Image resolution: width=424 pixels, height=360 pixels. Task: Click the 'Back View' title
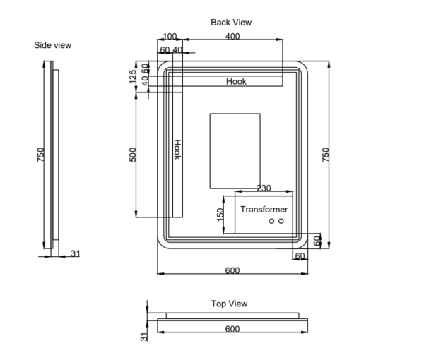click(x=231, y=23)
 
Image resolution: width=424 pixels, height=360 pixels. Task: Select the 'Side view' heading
click(x=53, y=45)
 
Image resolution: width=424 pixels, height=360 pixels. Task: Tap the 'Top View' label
click(x=229, y=304)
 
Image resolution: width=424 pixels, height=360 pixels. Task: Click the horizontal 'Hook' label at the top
click(x=236, y=82)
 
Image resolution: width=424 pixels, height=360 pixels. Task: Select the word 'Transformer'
click(x=264, y=210)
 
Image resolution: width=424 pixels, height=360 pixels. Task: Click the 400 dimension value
click(x=232, y=36)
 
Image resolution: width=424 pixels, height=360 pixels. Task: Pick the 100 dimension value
click(x=170, y=36)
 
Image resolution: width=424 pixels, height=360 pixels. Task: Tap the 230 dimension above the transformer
click(x=264, y=188)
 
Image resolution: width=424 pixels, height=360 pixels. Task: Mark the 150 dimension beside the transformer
click(x=220, y=215)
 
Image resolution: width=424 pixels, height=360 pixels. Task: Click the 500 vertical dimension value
click(x=133, y=155)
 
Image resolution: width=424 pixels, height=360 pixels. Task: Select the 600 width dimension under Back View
click(x=232, y=270)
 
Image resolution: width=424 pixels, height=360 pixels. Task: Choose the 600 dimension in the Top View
click(x=232, y=329)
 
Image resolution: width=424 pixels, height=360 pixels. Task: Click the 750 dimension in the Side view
click(x=40, y=155)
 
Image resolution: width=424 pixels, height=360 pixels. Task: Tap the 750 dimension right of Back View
click(x=326, y=155)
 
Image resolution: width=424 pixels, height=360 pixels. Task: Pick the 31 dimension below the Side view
click(x=75, y=253)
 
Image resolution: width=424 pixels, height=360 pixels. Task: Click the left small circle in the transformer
click(x=271, y=222)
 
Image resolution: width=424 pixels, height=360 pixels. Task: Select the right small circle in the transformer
click(x=281, y=222)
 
